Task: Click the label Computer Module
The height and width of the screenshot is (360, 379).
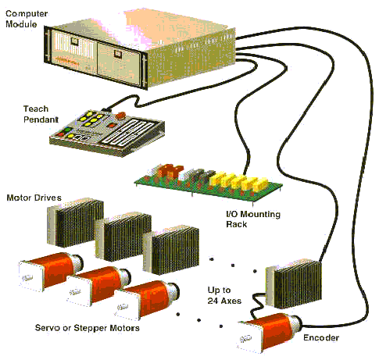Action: tap(27, 19)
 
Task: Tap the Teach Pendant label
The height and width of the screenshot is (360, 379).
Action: tap(41, 114)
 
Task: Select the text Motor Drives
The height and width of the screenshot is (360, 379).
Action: tap(34, 198)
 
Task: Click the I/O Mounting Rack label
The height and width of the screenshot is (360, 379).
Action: tap(253, 219)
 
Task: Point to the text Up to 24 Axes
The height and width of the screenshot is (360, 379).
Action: tap(224, 295)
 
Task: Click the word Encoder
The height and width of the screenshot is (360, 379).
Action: tap(321, 337)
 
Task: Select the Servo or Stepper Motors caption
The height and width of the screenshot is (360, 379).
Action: tap(88, 328)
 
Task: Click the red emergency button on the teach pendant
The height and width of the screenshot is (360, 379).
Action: tap(120, 116)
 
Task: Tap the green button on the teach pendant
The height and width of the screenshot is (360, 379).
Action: tap(67, 130)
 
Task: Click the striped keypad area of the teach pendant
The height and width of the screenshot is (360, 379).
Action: tap(127, 132)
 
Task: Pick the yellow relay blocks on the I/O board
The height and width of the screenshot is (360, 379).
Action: tap(238, 180)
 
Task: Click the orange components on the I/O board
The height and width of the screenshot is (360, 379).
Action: tap(170, 171)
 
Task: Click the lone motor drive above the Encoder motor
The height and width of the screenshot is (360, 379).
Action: tap(294, 283)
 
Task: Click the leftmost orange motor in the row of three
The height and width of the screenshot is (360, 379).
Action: tap(51, 271)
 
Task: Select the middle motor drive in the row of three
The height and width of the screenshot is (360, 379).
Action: tap(123, 236)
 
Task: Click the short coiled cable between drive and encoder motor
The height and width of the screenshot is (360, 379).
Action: tap(256, 304)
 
